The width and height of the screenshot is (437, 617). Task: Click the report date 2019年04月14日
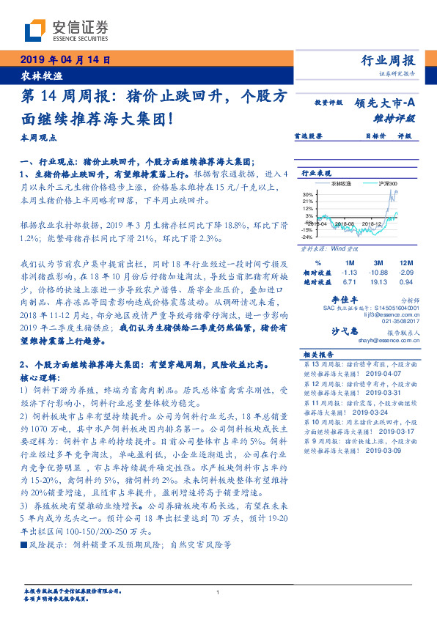(x=65, y=60)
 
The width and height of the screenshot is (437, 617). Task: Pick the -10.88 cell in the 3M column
(x=378, y=271)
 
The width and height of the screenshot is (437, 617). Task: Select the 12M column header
(x=406, y=262)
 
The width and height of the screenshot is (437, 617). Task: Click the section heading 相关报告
(x=317, y=354)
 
